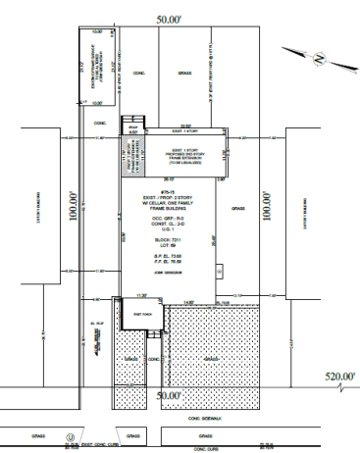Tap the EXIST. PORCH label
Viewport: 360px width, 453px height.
point(131,313)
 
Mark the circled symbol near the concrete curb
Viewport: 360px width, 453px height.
point(70,436)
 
